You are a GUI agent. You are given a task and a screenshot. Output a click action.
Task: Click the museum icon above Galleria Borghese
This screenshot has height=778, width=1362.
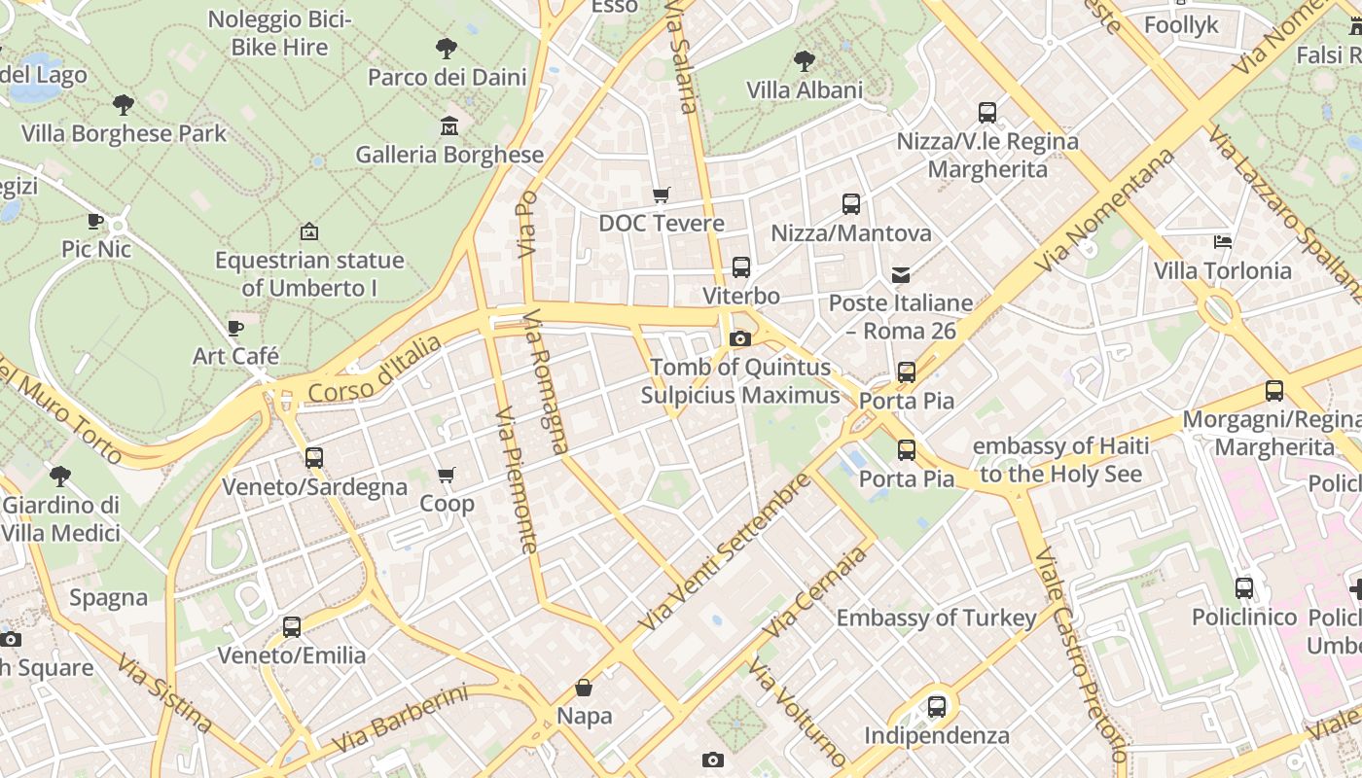pos(449,126)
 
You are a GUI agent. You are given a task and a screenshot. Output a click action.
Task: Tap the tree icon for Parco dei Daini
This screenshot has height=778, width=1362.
pos(447,48)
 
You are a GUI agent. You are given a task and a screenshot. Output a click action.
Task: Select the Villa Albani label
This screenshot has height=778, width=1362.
pos(805,90)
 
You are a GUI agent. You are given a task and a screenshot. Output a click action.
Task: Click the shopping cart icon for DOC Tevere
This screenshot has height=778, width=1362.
pos(662,194)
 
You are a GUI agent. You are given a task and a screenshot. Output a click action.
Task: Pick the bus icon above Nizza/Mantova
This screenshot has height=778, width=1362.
pos(851,204)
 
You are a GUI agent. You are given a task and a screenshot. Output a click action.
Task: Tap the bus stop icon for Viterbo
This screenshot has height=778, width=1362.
pos(741,267)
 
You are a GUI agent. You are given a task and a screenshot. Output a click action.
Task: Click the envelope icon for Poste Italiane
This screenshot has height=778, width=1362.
pos(901,274)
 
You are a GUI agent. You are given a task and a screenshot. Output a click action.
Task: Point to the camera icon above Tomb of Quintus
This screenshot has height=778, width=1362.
pos(740,338)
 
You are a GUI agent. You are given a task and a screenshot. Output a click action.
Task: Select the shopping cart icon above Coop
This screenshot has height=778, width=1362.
pos(447,475)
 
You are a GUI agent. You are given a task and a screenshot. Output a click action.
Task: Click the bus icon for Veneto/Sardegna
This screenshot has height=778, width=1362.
pos(314,458)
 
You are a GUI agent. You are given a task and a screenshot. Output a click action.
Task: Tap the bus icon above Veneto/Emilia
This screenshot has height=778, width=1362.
pos(292,627)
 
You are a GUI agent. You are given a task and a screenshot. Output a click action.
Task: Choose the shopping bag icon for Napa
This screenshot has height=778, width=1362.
pos(584,688)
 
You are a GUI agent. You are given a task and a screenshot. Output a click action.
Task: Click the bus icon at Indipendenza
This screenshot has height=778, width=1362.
pos(937,707)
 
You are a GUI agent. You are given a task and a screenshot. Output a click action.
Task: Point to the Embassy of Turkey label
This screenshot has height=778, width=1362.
pos(936,619)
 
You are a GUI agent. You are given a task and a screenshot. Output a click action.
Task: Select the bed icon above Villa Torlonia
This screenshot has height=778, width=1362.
pos(1223,241)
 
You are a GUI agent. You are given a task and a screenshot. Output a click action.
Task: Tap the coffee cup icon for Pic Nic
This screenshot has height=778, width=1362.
pos(95,221)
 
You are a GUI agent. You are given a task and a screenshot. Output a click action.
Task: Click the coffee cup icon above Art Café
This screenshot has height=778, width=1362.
pos(235,328)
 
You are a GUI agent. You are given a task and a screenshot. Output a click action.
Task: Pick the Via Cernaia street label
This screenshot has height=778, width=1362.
pos(815,592)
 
